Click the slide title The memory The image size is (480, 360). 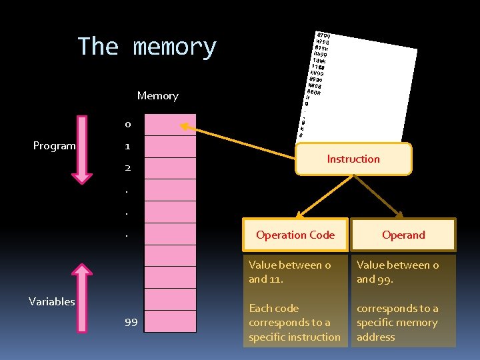[x=147, y=47]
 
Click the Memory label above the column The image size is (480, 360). [x=157, y=96]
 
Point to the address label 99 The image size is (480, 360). [x=131, y=322]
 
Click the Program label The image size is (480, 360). [x=55, y=146]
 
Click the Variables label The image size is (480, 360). [x=52, y=301]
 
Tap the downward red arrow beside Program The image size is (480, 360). [x=82, y=149]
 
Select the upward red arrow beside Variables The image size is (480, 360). [x=82, y=298]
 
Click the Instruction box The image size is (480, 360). [x=353, y=159]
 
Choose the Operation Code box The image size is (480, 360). [x=295, y=235]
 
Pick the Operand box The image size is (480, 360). [x=403, y=235]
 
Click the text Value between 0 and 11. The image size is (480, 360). [x=290, y=272]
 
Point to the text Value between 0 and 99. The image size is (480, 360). [x=398, y=272]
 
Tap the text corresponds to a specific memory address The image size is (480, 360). [x=398, y=323]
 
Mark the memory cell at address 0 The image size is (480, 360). [x=171, y=124]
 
